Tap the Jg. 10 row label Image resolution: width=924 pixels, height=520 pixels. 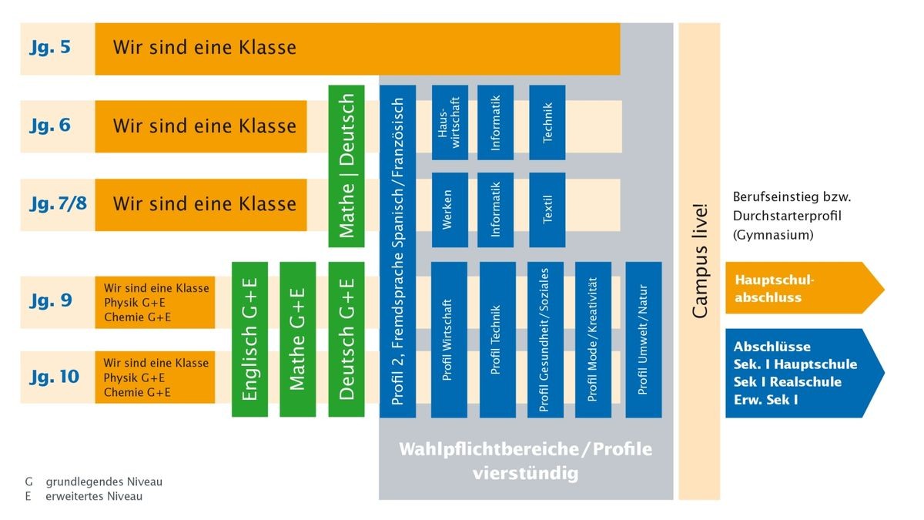pyautogui.click(x=54, y=377)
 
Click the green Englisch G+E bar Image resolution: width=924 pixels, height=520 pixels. pyautogui.click(x=249, y=340)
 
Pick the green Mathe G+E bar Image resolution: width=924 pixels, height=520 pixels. pyautogui.click(x=298, y=340)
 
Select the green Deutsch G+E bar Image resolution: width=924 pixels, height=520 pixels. pyautogui.click(x=346, y=340)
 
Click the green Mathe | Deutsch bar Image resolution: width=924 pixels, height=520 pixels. pyautogui.click(x=346, y=166)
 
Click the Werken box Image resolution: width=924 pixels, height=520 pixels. pyautogui.click(x=450, y=210)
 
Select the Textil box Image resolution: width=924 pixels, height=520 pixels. pyautogui.click(x=547, y=210)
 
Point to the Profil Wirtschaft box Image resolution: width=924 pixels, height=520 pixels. pyautogui.click(x=450, y=340)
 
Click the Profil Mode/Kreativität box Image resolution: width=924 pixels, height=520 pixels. pyautogui.click(x=593, y=340)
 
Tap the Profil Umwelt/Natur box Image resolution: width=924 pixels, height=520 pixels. pyautogui.click(x=644, y=340)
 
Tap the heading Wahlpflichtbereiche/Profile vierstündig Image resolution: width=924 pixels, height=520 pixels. pyautogui.click(x=525, y=461)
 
